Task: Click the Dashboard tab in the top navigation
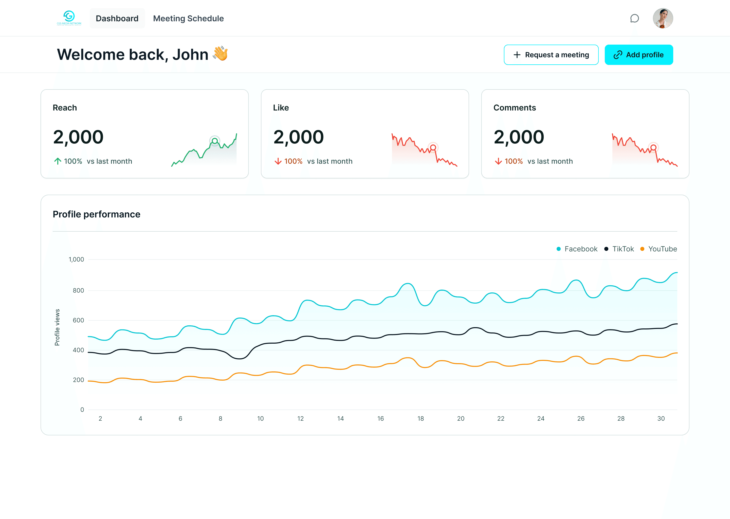117,18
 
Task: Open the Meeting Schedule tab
188,18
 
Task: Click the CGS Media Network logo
69,18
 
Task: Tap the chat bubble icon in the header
634,18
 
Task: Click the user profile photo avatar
663,18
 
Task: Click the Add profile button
638,55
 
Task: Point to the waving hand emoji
221,53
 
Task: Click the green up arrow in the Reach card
58,161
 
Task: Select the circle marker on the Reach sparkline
215,141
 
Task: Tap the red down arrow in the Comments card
498,161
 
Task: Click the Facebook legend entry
577,249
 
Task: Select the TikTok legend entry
619,249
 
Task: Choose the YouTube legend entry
659,249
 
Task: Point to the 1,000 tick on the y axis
76,259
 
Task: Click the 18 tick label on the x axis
421,418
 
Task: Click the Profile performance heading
97,214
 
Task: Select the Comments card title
515,108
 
